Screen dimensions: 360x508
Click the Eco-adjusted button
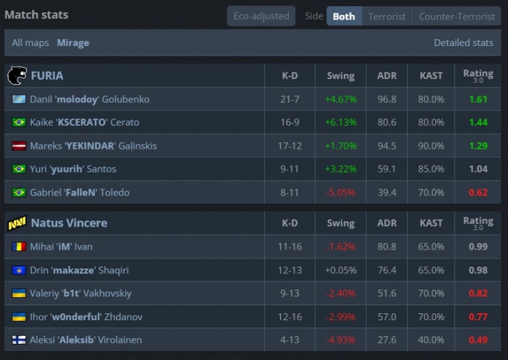click(x=261, y=16)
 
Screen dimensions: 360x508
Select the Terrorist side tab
click(x=387, y=16)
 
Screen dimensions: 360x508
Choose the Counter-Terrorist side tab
click(x=457, y=16)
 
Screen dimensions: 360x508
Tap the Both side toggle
click(x=343, y=16)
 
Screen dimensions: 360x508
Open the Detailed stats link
click(x=463, y=43)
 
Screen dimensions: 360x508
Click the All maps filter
click(x=30, y=43)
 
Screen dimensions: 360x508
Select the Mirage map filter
click(x=73, y=43)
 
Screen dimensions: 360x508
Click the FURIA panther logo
click(x=16, y=75)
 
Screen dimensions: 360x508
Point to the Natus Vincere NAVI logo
click(x=16, y=223)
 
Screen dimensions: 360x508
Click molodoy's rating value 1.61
click(x=478, y=99)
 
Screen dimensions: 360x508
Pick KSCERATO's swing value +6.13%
click(x=340, y=122)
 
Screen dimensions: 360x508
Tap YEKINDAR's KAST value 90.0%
click(x=431, y=145)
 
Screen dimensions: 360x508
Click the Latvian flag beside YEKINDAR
click(x=18, y=146)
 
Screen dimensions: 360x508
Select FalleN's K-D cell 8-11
click(x=289, y=192)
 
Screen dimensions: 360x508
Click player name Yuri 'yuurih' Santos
click(x=73, y=169)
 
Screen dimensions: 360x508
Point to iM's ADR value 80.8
click(x=387, y=247)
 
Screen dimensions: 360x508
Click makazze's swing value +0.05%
click(x=340, y=270)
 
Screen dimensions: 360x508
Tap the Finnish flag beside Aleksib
click(x=18, y=340)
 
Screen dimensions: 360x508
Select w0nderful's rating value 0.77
click(x=478, y=317)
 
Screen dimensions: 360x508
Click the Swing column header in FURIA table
click(x=340, y=75)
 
